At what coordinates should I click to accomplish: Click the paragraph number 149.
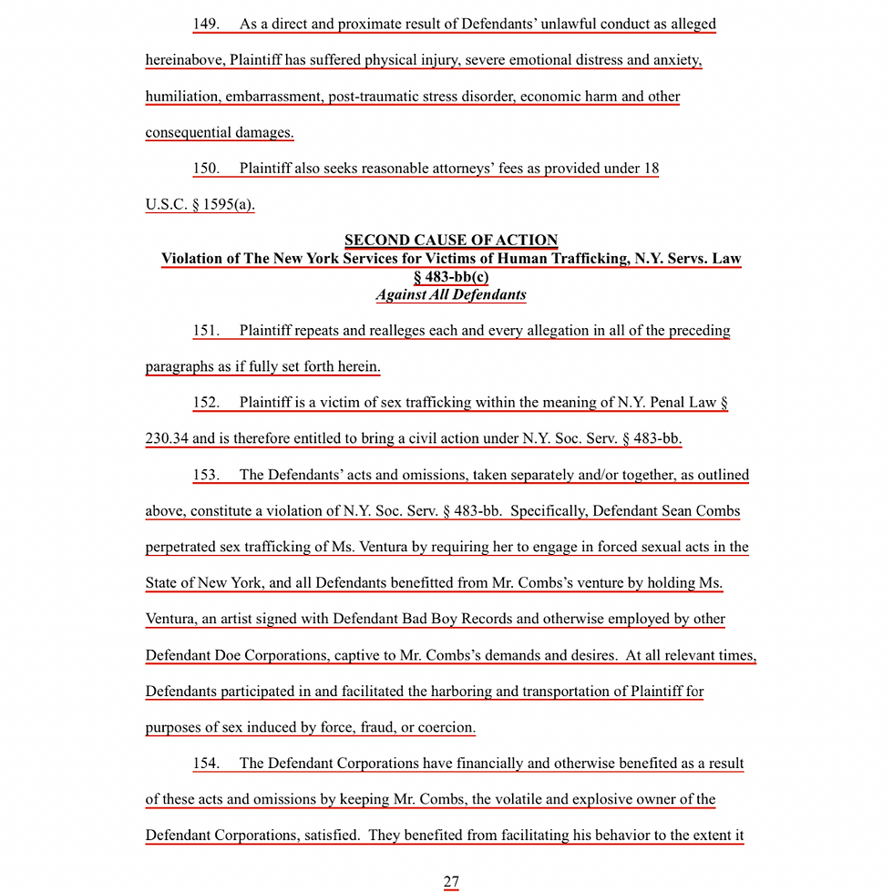[x=206, y=25]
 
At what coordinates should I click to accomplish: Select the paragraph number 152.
[x=206, y=403]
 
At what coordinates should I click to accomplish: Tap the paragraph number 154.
[x=206, y=764]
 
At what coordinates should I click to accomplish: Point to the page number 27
[x=451, y=881]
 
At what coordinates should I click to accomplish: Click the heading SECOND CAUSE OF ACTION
[x=451, y=241]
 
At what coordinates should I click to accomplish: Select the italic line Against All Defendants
[x=451, y=295]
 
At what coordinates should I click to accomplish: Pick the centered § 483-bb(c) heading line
[x=451, y=277]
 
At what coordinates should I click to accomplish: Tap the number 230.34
[x=167, y=438]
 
